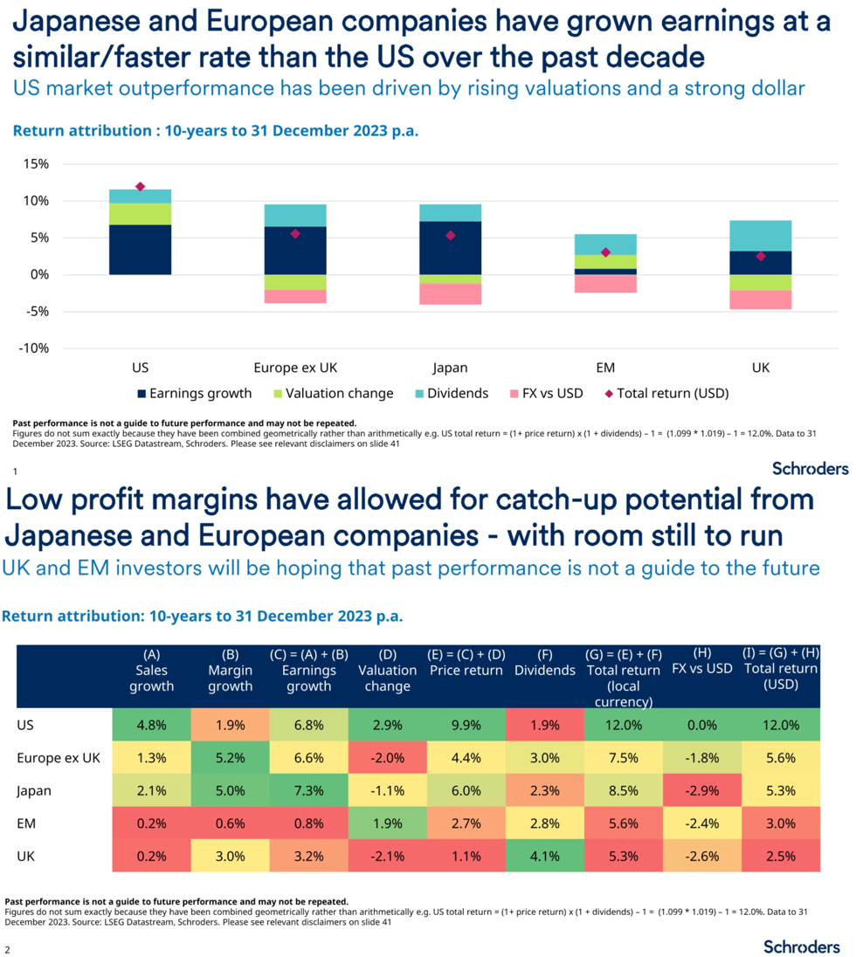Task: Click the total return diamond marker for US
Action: (140, 186)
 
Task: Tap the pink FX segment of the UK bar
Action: (761, 299)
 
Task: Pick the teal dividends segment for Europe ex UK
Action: (295, 215)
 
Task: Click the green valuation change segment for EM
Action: (605, 261)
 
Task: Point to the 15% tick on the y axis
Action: (36, 164)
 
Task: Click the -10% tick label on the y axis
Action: (33, 348)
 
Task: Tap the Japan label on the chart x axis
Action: (450, 368)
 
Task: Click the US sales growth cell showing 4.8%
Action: (151, 724)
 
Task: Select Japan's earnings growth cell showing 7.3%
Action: (308, 790)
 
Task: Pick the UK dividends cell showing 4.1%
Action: (544, 857)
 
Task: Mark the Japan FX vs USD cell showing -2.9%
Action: (701, 790)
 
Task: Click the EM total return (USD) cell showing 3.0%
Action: (780, 823)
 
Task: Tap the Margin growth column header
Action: (230, 670)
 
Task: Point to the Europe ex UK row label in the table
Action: (59, 757)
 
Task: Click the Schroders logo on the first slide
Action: (810, 468)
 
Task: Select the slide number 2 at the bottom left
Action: (8, 948)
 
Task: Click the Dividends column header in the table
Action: (544, 670)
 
